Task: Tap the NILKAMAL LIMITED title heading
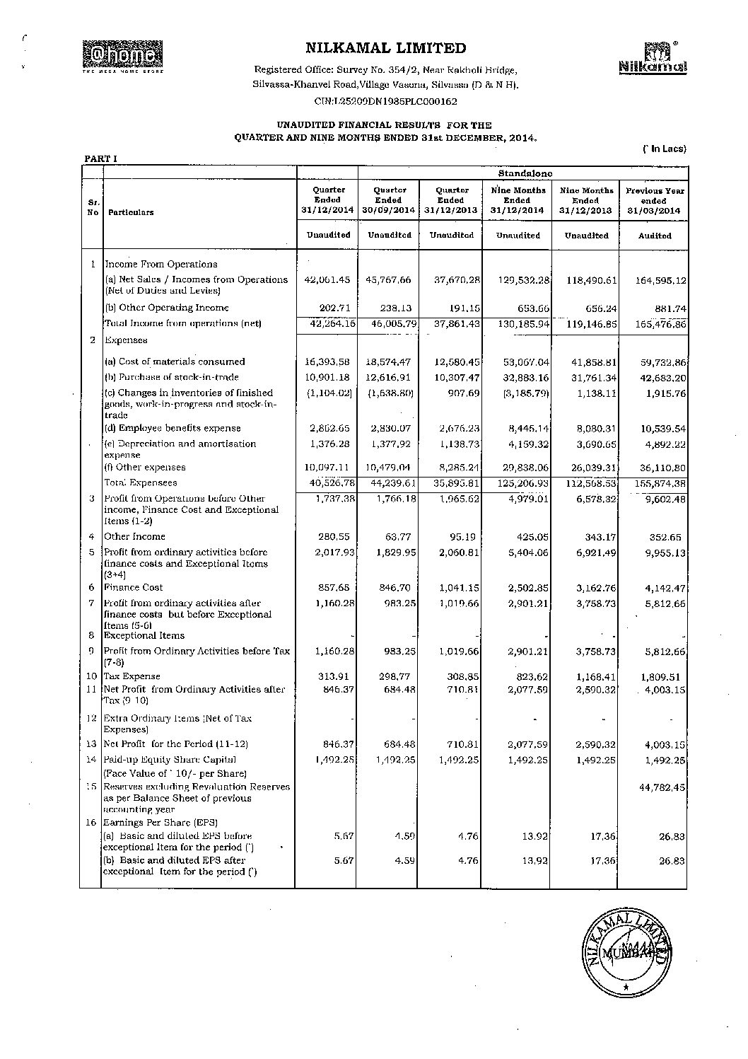(386, 48)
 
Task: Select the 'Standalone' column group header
(525, 173)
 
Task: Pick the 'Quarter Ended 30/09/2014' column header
(389, 200)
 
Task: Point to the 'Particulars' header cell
(131, 212)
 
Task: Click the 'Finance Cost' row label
(134, 587)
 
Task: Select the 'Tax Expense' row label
(132, 676)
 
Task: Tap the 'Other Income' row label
(136, 536)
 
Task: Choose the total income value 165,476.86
(655, 323)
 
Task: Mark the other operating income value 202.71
(337, 308)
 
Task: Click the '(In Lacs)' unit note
(664, 149)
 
